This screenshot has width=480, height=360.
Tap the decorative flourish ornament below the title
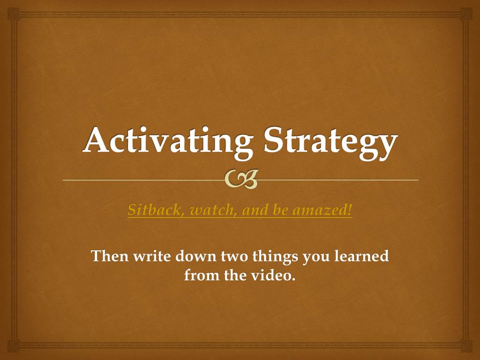(x=241, y=180)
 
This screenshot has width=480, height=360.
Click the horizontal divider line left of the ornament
(x=141, y=180)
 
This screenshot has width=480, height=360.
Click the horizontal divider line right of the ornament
(x=337, y=180)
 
